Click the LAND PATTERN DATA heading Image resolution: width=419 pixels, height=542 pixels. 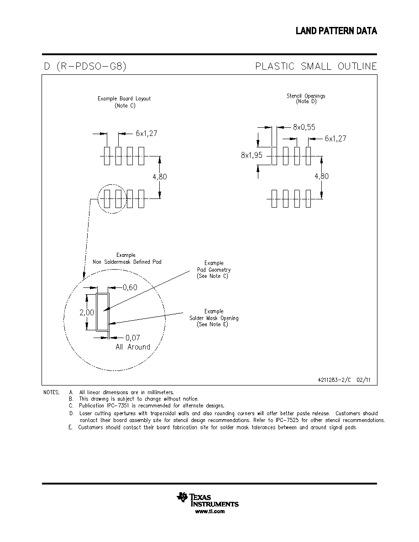click(x=336, y=31)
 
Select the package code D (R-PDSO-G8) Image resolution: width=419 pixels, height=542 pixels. click(x=85, y=66)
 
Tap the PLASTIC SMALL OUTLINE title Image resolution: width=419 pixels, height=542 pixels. click(x=316, y=66)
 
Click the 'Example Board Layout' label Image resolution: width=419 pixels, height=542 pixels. click(x=124, y=99)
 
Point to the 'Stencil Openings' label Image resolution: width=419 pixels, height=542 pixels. click(x=306, y=96)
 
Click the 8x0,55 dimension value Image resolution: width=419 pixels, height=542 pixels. click(x=304, y=127)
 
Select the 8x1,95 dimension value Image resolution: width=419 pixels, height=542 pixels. click(x=251, y=155)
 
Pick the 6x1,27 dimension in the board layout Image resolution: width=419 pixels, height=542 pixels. click(x=147, y=133)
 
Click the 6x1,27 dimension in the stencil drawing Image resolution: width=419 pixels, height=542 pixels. click(x=335, y=139)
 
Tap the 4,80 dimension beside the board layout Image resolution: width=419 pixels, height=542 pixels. click(x=160, y=177)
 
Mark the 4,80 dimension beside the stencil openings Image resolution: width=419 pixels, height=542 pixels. click(x=321, y=176)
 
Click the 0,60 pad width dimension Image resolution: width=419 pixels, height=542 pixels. click(x=130, y=287)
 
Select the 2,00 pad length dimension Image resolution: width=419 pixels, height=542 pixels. click(x=87, y=313)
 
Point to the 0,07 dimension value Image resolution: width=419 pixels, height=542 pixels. click(x=133, y=338)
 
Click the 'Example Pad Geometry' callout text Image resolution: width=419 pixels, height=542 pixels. click(x=214, y=270)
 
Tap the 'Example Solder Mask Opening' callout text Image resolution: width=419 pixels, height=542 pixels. click(x=214, y=318)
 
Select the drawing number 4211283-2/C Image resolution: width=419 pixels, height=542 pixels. click(x=334, y=380)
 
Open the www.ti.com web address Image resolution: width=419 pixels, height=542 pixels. click(x=210, y=511)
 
